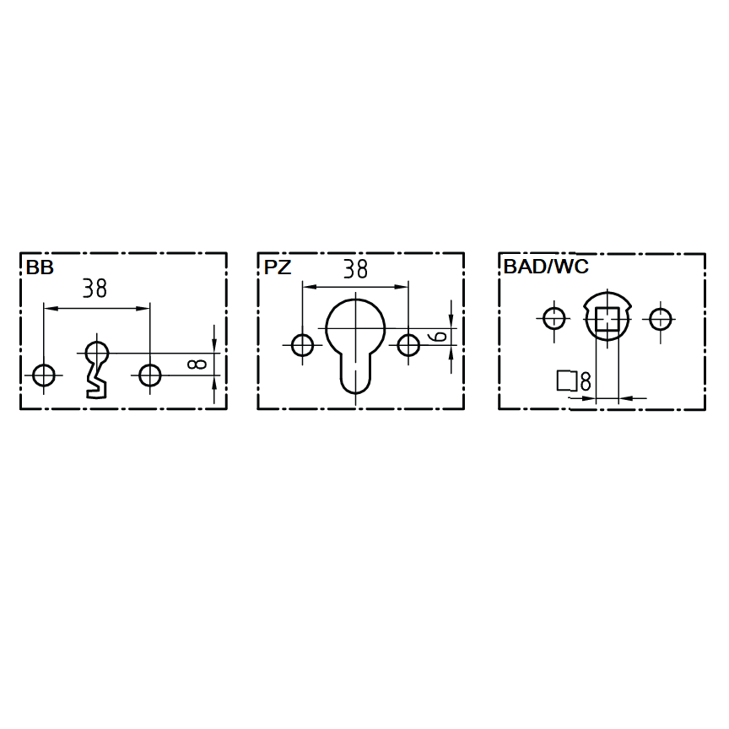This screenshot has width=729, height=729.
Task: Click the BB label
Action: (40, 267)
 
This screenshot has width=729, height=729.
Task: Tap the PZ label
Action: (278, 267)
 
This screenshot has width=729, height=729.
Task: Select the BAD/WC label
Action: (546, 267)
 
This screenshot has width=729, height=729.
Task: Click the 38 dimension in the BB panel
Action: (94, 289)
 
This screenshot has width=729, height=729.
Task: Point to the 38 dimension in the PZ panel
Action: (356, 268)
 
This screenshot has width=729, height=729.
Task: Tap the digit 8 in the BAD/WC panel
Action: (586, 381)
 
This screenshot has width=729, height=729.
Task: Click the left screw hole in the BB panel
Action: (44, 375)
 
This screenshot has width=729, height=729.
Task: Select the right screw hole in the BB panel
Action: (149, 375)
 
